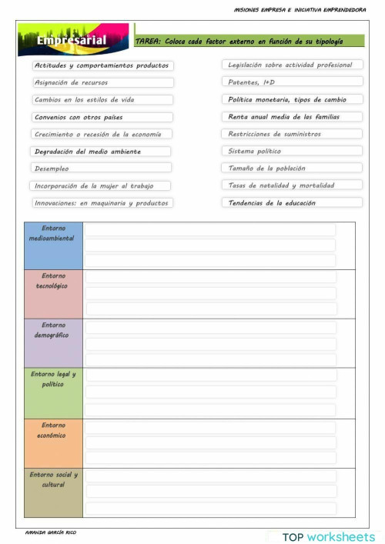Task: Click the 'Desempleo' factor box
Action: click(102, 168)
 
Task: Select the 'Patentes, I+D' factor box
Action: click(293, 82)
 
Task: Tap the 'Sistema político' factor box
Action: click(293, 151)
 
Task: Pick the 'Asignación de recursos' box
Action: click(102, 82)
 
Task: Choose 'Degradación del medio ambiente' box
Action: click(102, 152)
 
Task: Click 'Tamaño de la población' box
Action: click(293, 168)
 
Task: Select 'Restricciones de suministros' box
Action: click(293, 134)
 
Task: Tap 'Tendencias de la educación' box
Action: click(293, 203)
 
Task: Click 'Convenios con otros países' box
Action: click(102, 117)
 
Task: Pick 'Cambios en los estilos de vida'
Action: click(102, 99)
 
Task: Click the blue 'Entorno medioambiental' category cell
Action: click(53, 245)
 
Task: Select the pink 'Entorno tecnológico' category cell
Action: click(53, 293)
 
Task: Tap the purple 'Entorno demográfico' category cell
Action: click(53, 342)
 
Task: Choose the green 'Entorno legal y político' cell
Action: click(53, 392)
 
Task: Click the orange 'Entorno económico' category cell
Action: click(53, 442)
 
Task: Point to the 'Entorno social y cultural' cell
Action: click(53, 492)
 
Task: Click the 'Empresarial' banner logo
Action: click(74, 40)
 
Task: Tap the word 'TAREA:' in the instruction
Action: click(148, 42)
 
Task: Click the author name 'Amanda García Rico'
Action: click(51, 532)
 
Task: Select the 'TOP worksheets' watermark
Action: click(328, 536)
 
